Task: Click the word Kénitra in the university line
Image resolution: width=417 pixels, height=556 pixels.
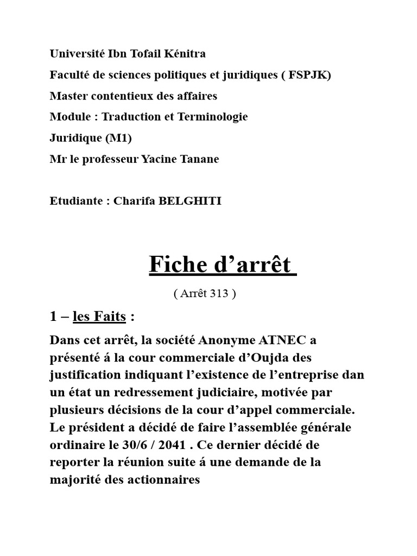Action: (x=185, y=54)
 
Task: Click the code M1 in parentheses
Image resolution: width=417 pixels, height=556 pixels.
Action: (x=118, y=138)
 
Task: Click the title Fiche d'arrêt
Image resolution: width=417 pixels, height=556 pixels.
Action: (x=223, y=264)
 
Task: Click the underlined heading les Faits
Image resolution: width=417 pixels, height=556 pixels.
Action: (x=99, y=317)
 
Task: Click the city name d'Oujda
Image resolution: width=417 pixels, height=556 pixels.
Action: (x=267, y=358)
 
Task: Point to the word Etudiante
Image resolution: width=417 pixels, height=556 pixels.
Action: (x=76, y=201)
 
